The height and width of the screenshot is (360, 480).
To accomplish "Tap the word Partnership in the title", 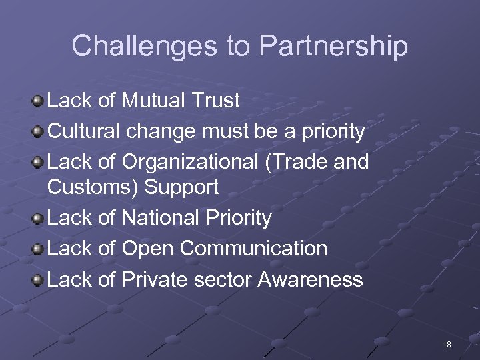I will coord(333,46).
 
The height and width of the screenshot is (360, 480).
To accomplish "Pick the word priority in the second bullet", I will coord(333,132).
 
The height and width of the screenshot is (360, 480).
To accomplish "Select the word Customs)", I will coord(93,187).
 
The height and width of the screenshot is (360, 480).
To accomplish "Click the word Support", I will coord(181,187).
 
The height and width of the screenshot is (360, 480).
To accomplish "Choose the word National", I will coord(162,218).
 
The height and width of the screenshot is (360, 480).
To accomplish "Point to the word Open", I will coord(147,249).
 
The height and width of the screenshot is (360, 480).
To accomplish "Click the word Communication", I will coord(253,249).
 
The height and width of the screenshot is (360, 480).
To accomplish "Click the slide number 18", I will coord(447,345).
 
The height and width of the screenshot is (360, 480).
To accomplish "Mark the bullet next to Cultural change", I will coord(38,132).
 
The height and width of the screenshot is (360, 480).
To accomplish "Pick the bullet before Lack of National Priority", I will coord(38,219).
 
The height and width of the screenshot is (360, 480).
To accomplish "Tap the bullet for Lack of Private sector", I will coord(38,280).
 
